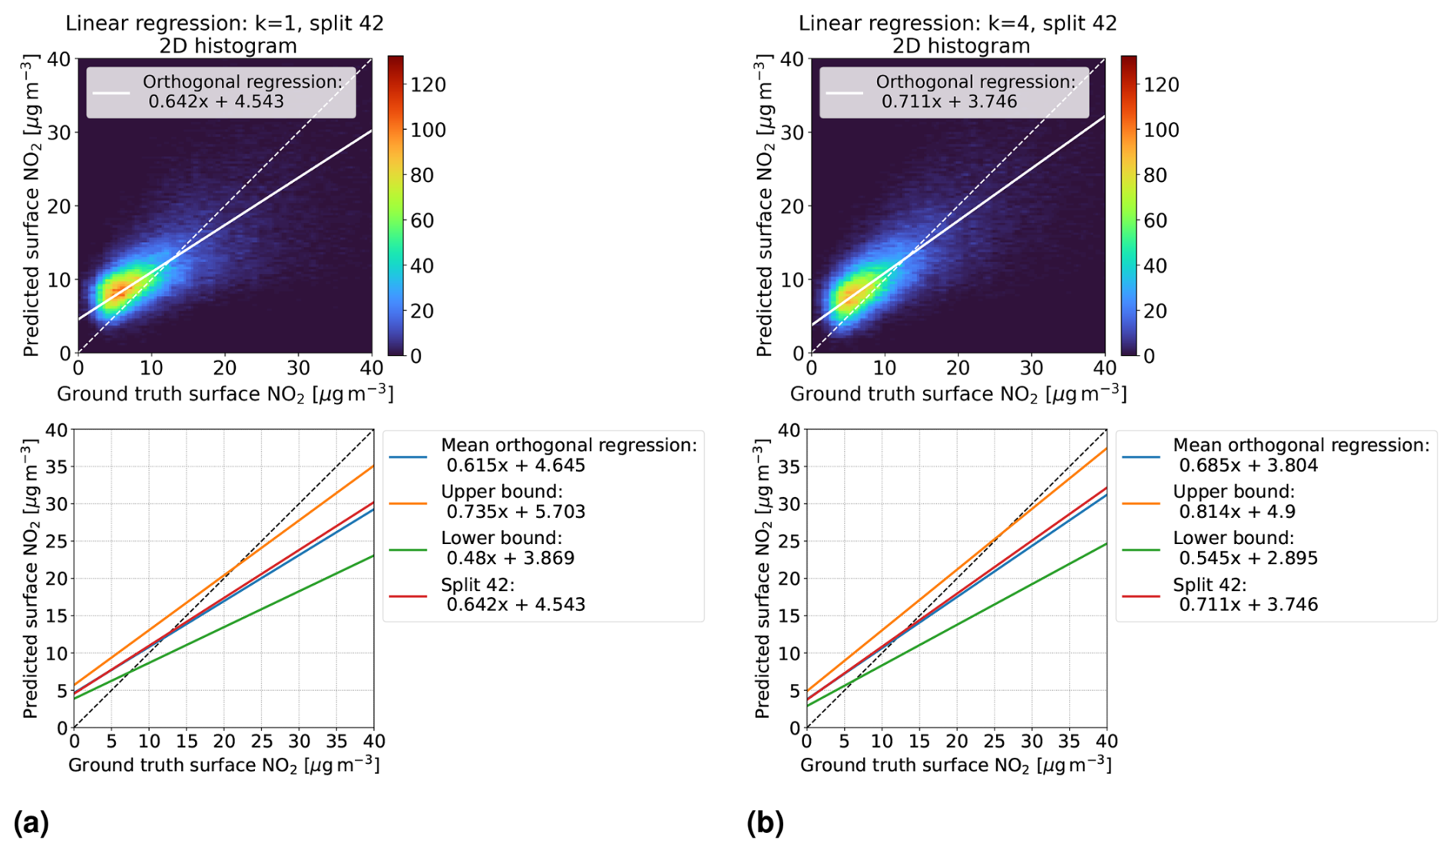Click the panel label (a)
tap(31, 823)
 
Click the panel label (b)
tap(765, 823)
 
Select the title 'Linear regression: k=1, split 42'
tap(224, 23)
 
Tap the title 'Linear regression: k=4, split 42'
tap(958, 23)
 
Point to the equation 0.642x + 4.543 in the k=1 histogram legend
tap(216, 101)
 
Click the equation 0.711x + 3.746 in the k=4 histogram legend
tap(949, 101)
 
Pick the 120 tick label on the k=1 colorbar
tap(428, 85)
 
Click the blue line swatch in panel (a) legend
tap(408, 456)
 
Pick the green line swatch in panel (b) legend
tap(1140, 549)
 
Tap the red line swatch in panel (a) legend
tap(408, 596)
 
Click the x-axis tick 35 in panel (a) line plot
tap(336, 742)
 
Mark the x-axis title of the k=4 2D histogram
tap(958, 394)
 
